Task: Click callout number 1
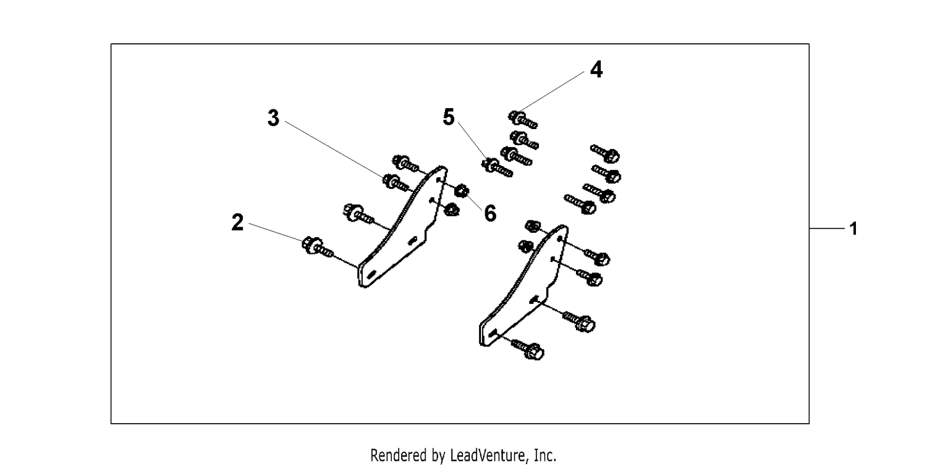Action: [x=853, y=229]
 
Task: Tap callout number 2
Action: [x=237, y=222]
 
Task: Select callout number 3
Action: [x=273, y=118]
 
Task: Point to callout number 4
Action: [x=596, y=69]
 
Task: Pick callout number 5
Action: [x=449, y=117]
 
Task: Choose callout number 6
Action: [x=490, y=214]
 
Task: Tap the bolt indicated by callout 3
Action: [x=397, y=182]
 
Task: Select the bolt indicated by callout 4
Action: [x=523, y=119]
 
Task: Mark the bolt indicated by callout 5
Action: [x=497, y=167]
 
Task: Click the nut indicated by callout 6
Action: [x=461, y=191]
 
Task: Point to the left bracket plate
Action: [x=402, y=227]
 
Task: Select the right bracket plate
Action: [x=523, y=286]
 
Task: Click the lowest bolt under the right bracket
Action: [x=528, y=350]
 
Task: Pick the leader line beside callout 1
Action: [x=827, y=229]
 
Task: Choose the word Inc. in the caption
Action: [x=545, y=455]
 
